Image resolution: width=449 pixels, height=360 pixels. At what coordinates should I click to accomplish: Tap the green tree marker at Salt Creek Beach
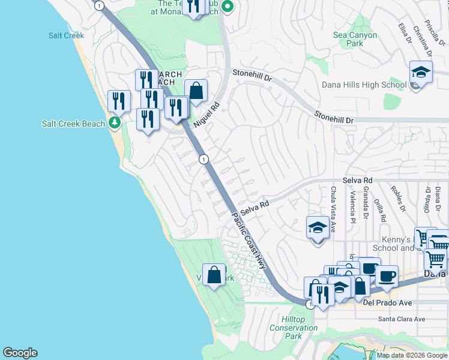115,124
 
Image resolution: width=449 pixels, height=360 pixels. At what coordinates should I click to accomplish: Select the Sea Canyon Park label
355,39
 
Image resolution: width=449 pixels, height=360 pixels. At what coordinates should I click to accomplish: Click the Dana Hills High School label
364,85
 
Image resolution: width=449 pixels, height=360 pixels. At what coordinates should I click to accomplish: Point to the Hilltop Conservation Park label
294,328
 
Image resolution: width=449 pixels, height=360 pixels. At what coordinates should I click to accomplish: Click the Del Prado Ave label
387,303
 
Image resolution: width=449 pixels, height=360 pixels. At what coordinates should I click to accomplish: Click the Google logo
20,353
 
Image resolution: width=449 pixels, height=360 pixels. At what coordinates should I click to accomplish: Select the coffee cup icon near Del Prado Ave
387,277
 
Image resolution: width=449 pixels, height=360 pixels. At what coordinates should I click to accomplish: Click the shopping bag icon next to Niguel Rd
196,91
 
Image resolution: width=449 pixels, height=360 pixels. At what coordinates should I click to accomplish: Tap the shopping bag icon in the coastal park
214,275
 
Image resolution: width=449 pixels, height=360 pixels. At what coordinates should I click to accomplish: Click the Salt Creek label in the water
66,35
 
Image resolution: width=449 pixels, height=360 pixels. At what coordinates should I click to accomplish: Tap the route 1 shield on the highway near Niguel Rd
204,159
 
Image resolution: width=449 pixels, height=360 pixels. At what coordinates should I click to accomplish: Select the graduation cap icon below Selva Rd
318,228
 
